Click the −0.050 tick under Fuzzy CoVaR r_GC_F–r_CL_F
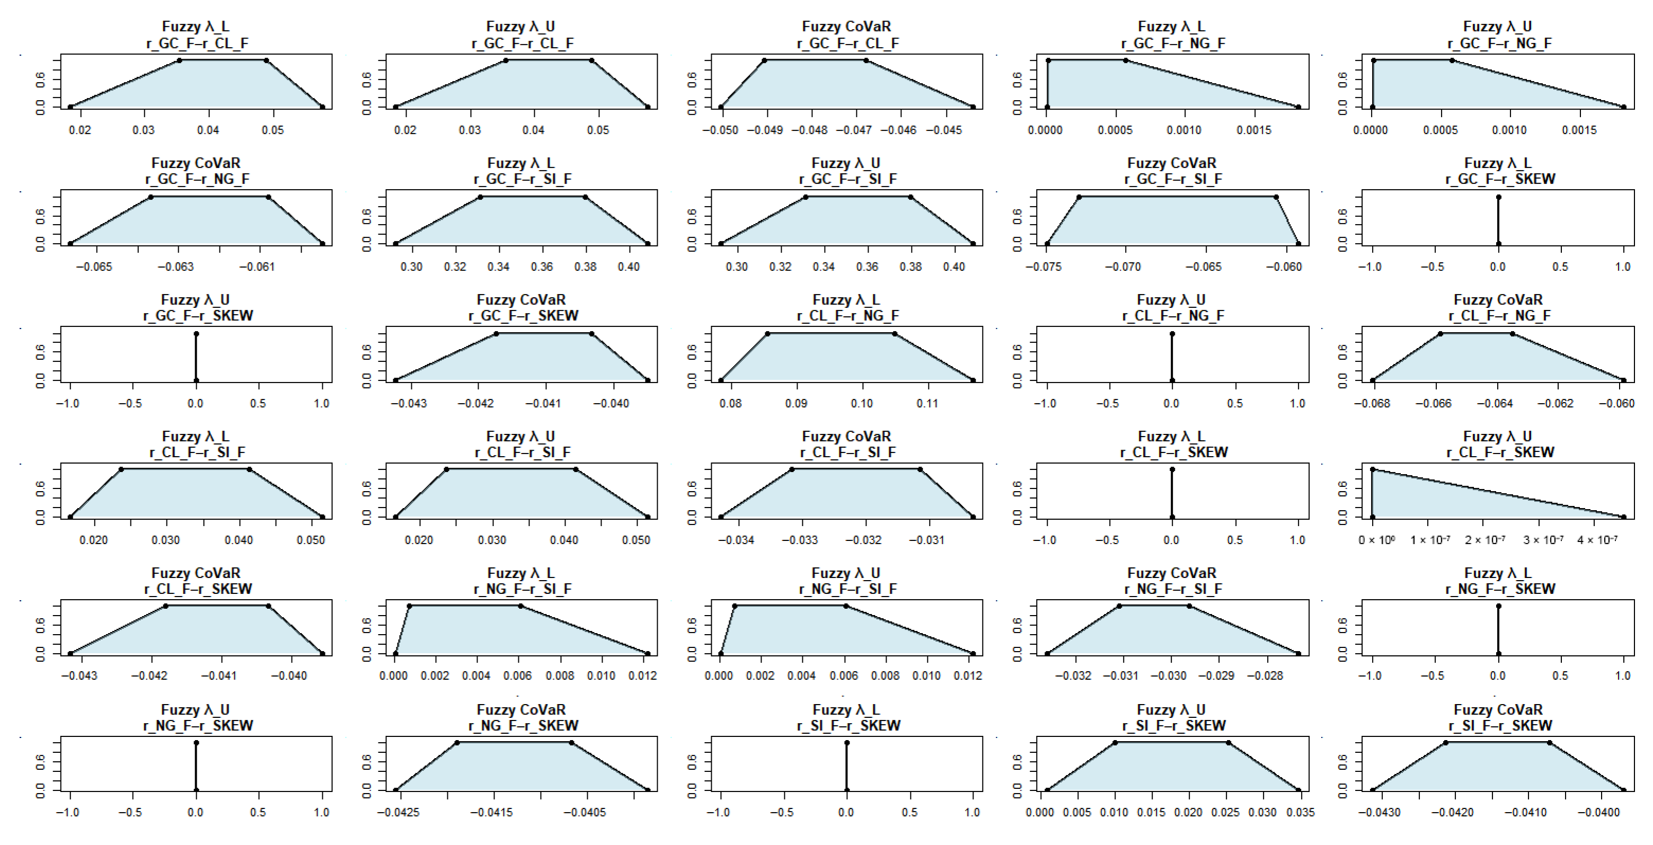coord(720,130)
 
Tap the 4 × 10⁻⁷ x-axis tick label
coord(1597,540)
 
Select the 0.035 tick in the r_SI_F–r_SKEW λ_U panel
coord(1300,813)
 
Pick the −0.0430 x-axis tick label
coord(1379,813)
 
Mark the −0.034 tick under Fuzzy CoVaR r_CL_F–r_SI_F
coord(736,540)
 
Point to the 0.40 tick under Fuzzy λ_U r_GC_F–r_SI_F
coord(953,267)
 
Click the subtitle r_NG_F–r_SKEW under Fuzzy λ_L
coord(1500,589)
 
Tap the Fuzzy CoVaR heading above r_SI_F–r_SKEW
coord(1498,709)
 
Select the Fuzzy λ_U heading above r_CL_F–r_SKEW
coord(1498,437)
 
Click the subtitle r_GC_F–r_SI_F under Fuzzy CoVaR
coord(1172,179)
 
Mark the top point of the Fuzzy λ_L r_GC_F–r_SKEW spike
coord(1498,197)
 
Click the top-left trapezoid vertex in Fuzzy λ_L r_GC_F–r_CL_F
coord(179,60)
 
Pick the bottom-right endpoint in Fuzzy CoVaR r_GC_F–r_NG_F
coord(322,244)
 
